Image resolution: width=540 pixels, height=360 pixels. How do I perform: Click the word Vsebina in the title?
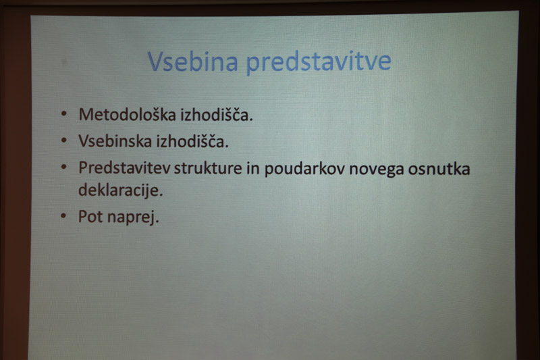tap(192, 61)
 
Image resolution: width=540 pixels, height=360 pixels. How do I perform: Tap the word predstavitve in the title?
tap(319, 62)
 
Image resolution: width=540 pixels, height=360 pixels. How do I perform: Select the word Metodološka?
tap(127, 114)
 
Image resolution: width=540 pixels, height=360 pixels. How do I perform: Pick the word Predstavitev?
tap(124, 168)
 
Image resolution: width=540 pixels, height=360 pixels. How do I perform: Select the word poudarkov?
tap(304, 169)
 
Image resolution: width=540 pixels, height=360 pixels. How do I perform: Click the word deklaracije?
tap(121, 190)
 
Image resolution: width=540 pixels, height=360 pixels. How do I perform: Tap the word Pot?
tap(90, 217)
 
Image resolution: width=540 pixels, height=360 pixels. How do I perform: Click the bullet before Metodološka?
tap(63, 114)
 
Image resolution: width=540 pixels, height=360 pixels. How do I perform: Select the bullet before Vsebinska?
tap(63, 140)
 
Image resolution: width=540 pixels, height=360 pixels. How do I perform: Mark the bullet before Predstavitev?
tap(63, 167)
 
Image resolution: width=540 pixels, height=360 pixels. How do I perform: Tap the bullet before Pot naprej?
tap(63, 216)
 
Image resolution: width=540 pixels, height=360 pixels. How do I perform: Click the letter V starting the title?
tap(155, 61)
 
